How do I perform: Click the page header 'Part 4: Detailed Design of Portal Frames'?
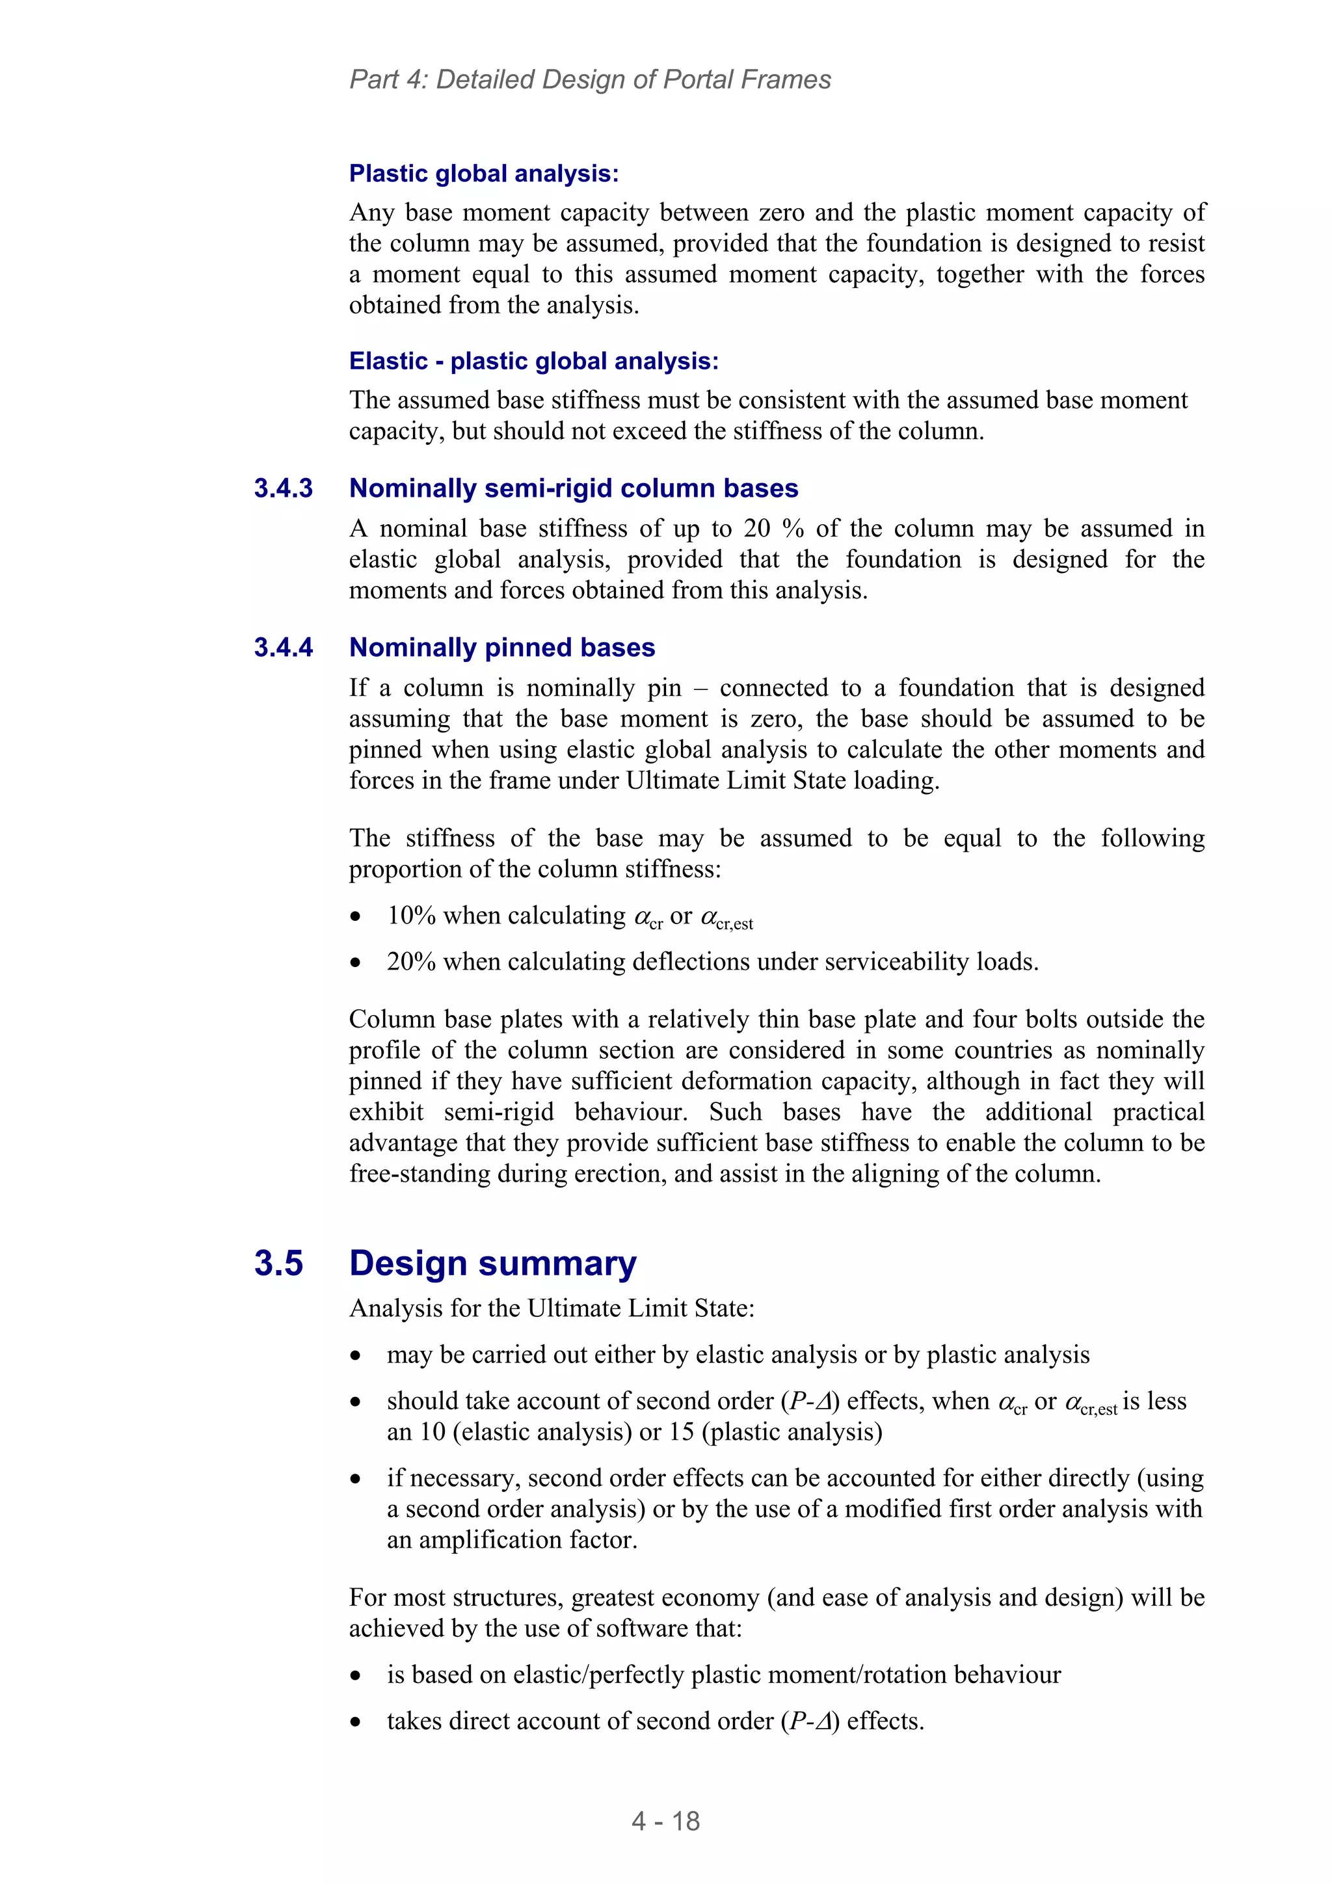[x=589, y=79]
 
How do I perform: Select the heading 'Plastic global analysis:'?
[x=483, y=174]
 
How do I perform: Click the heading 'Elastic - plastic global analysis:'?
[x=533, y=361]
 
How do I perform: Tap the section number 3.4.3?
[x=283, y=488]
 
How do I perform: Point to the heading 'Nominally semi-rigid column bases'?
[x=573, y=488]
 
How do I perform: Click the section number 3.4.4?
[x=283, y=648]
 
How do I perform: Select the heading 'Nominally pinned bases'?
[x=501, y=648]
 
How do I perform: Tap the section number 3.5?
[x=278, y=1263]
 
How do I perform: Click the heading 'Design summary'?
[x=492, y=1263]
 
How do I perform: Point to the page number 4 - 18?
[x=665, y=1821]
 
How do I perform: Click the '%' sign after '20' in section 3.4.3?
[x=793, y=529]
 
